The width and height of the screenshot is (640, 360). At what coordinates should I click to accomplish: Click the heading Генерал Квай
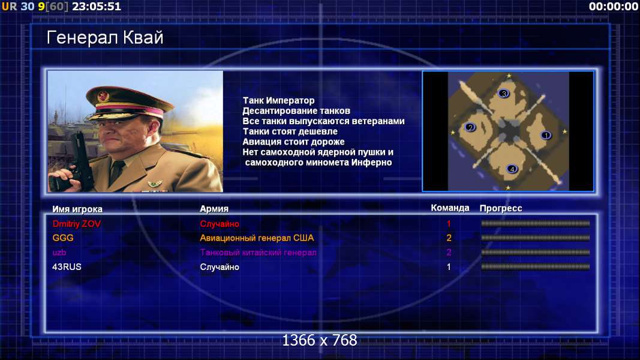coord(105,38)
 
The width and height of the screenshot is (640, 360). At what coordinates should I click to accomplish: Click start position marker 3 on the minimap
coord(504,94)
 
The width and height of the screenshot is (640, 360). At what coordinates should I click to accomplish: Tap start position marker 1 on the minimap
coord(546,135)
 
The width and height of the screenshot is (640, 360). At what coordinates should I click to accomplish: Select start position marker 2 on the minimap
coord(470,127)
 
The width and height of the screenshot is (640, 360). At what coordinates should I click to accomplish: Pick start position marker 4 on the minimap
coord(512,169)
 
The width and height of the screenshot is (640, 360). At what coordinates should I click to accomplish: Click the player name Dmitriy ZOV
coord(76,224)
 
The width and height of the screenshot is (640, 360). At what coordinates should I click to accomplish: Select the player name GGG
coord(63,238)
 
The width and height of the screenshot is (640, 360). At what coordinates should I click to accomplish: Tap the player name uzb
coord(59,253)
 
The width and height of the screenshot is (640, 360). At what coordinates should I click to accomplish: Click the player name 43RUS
coord(67,267)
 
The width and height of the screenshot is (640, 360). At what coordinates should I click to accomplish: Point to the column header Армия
coord(214,209)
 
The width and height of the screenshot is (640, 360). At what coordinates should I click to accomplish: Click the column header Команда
coord(450,208)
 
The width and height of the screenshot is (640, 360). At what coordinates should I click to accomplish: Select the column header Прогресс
coord(501,208)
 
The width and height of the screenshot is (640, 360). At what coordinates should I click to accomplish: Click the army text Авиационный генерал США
coord(257,238)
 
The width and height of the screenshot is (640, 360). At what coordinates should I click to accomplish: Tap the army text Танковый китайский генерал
coord(258,253)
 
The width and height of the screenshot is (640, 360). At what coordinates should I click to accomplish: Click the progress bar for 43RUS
coord(536,267)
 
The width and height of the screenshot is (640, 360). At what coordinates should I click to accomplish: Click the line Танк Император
coord(279,100)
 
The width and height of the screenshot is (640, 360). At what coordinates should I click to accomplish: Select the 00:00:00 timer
coord(614,7)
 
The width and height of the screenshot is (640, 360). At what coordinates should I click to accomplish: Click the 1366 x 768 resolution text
coord(320,340)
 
